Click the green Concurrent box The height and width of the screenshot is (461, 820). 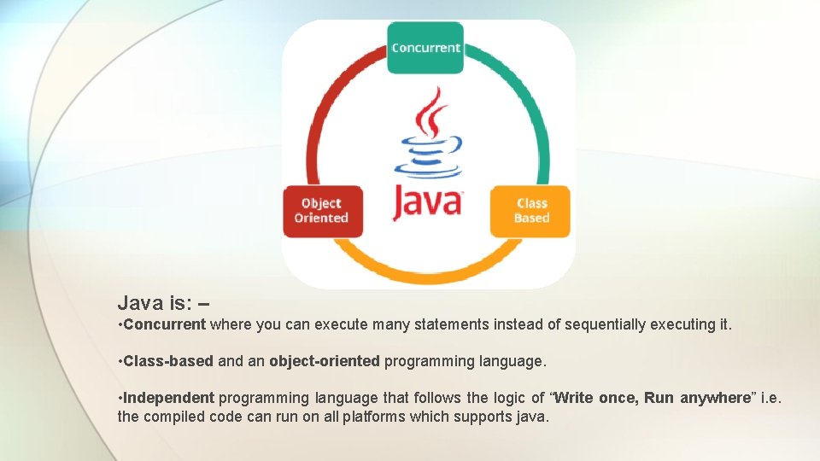(425, 48)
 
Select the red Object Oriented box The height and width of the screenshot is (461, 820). (322, 211)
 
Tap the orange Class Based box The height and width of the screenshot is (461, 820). (530, 211)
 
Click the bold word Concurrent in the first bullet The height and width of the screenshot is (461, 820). (165, 324)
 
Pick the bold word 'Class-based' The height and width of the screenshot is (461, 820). (168, 361)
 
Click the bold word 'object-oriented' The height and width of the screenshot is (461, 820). (325, 361)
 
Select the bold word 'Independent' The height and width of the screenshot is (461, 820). (169, 398)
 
